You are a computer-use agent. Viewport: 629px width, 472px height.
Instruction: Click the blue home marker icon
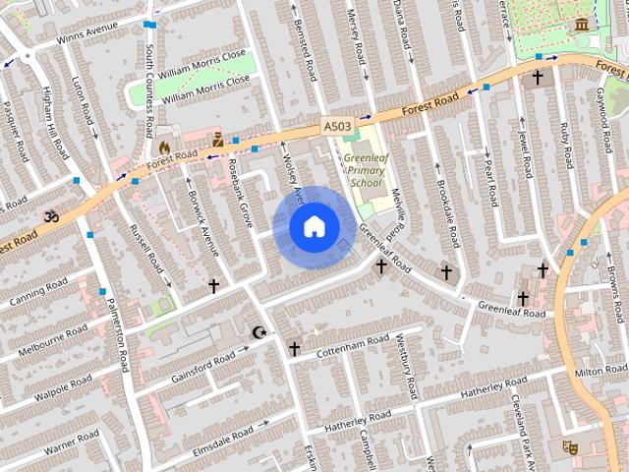pos(314,227)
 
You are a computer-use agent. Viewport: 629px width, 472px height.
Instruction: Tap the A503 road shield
pos(336,127)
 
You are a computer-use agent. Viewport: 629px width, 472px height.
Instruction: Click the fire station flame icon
pos(164,147)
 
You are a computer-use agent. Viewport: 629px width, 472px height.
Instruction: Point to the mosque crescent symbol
pos(259,333)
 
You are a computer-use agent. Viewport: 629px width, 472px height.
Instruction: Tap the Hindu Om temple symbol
pos(49,215)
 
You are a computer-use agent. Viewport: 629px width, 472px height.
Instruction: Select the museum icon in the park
pos(582,23)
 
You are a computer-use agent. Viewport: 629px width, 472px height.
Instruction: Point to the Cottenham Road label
pos(355,342)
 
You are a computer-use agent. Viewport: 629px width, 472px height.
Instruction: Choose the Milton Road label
pos(600,372)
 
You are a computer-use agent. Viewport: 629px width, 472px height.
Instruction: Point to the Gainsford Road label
pos(203,367)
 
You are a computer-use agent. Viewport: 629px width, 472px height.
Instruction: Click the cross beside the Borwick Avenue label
pos(213,286)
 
